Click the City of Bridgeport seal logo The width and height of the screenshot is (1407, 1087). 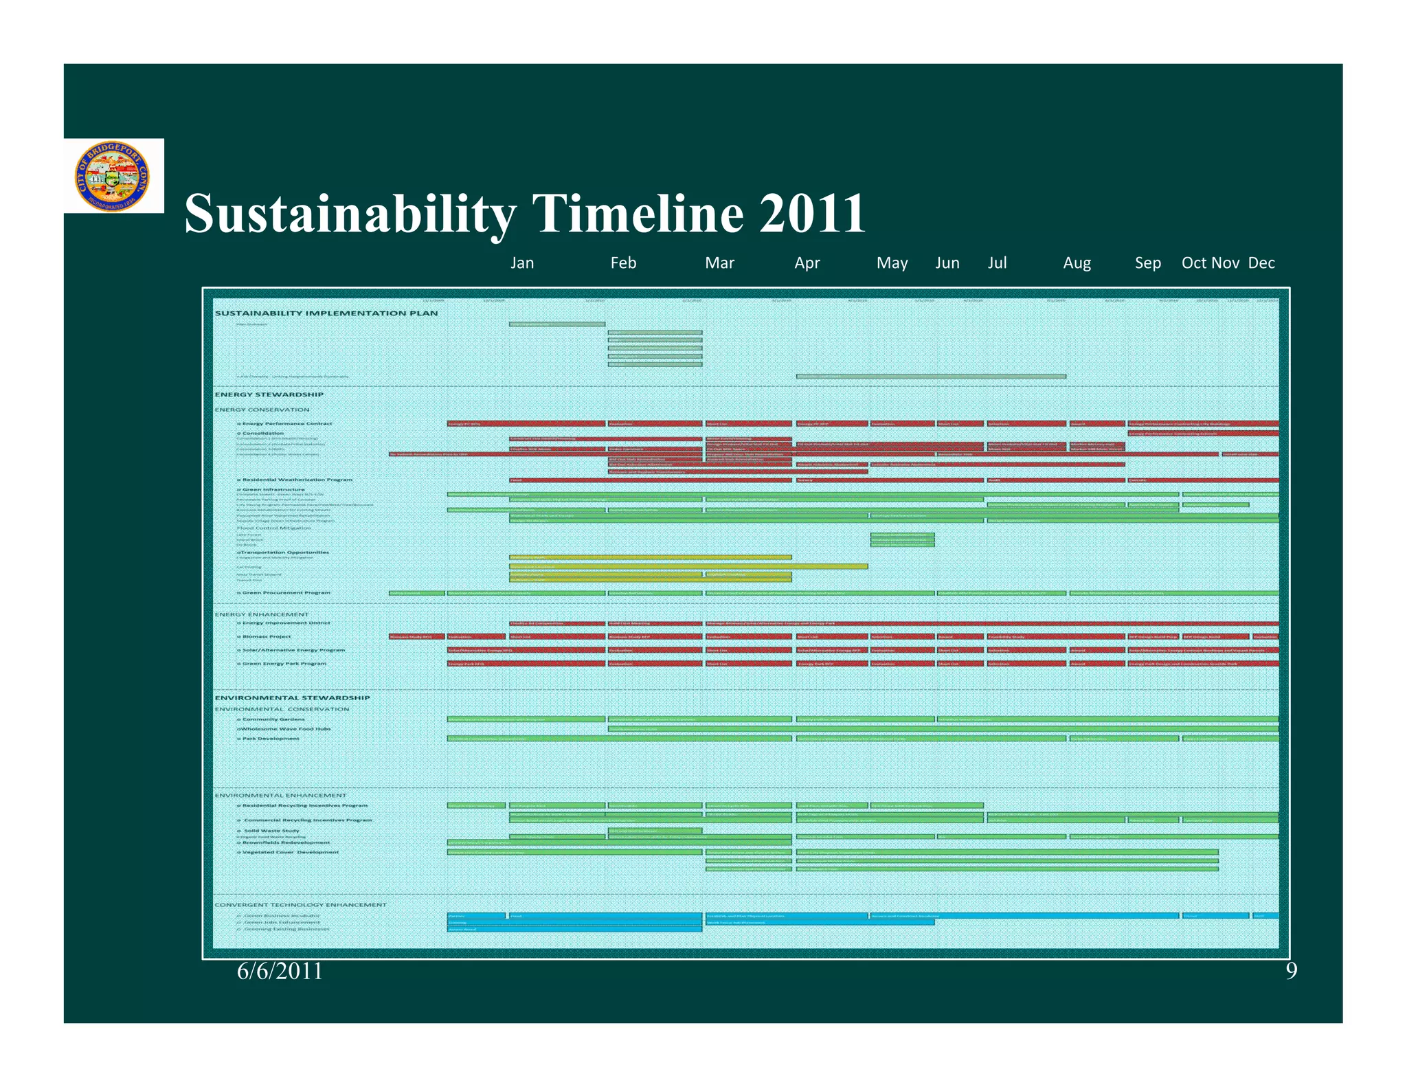112,176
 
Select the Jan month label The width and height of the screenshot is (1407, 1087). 522,263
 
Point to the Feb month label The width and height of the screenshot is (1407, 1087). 623,263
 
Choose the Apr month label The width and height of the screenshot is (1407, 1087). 807,263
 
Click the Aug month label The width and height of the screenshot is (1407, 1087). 1077,263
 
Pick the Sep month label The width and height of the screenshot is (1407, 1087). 1147,263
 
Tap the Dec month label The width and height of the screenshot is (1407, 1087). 1261,263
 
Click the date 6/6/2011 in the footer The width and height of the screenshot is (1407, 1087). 280,971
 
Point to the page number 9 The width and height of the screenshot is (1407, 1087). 1291,971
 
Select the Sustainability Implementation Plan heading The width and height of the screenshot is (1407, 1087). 326,313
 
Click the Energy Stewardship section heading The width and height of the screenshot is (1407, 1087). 269,394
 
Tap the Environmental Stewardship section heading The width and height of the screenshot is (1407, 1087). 292,697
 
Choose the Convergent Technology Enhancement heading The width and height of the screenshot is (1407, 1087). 300,905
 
